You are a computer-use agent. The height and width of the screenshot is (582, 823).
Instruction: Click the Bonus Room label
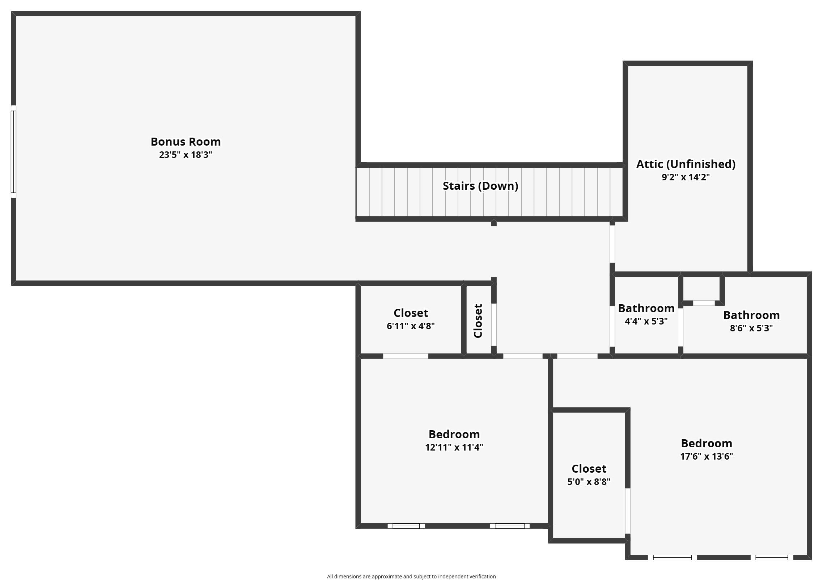tap(186, 142)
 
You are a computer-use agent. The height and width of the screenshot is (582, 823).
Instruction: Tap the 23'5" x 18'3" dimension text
tap(186, 155)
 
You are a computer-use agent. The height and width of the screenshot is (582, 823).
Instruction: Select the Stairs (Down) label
tap(480, 186)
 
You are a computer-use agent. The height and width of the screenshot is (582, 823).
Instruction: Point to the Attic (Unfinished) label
tap(686, 164)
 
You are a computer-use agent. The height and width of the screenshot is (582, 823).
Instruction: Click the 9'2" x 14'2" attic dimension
tap(686, 177)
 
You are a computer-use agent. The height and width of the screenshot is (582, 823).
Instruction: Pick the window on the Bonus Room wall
tap(13, 151)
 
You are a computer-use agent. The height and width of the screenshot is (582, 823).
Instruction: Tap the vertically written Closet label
tap(478, 321)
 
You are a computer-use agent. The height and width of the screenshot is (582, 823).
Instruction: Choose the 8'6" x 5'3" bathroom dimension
tap(751, 328)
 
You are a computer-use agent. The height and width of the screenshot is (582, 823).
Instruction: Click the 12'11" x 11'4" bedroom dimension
tap(454, 448)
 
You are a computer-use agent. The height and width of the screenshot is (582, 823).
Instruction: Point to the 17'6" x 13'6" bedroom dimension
tap(707, 457)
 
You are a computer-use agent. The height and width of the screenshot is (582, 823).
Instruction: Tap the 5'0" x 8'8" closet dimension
tap(589, 482)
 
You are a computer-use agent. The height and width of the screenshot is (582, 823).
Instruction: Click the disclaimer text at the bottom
tap(411, 577)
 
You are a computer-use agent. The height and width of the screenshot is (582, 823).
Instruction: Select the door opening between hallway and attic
tap(612, 244)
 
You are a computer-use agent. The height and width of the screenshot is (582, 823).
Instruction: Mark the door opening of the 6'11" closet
tap(405, 356)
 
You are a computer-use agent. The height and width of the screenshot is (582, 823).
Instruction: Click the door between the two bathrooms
tap(680, 327)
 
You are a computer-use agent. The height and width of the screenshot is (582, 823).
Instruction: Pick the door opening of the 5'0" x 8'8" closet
tap(628, 511)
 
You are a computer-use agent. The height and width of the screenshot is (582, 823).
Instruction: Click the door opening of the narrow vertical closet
tap(494, 325)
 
